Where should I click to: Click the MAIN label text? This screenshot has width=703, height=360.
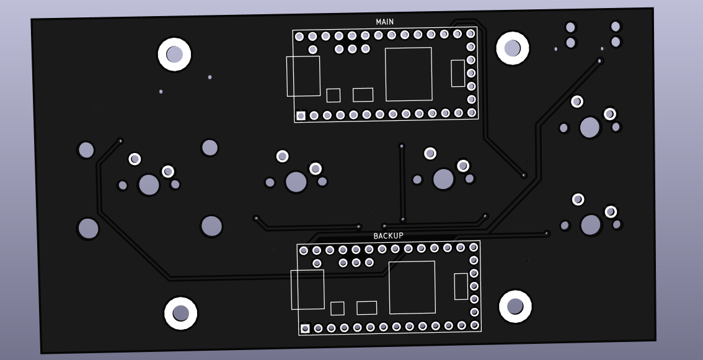point(384,22)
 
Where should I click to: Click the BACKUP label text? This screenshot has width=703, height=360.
point(388,236)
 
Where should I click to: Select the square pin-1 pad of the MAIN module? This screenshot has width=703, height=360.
point(301,116)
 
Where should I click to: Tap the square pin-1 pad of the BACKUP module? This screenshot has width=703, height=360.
point(305,328)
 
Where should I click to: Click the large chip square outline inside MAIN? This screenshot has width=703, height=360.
point(409,74)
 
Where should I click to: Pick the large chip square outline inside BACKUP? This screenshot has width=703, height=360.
point(412,287)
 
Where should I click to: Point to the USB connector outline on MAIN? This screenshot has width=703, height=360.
point(303,76)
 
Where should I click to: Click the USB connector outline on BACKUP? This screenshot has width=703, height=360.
point(307,289)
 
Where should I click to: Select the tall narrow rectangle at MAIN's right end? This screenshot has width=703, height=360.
point(458,73)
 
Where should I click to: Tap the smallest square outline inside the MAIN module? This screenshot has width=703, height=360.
point(334,95)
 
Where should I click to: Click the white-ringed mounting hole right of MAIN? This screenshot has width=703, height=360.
point(513,48)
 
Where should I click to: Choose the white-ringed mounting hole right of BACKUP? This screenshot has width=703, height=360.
point(515,305)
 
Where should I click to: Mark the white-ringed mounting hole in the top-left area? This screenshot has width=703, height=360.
point(175,54)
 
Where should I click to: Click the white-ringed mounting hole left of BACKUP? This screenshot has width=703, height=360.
point(180,313)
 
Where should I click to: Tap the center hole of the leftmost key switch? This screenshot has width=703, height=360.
point(149,184)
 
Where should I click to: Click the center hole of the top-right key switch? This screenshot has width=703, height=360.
point(590,128)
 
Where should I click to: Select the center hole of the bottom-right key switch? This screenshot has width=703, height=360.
point(591,225)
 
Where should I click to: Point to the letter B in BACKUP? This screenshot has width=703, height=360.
point(376,236)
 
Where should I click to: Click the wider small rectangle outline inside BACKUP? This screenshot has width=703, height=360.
point(367,307)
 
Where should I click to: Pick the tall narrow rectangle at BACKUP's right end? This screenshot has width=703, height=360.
point(461,286)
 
